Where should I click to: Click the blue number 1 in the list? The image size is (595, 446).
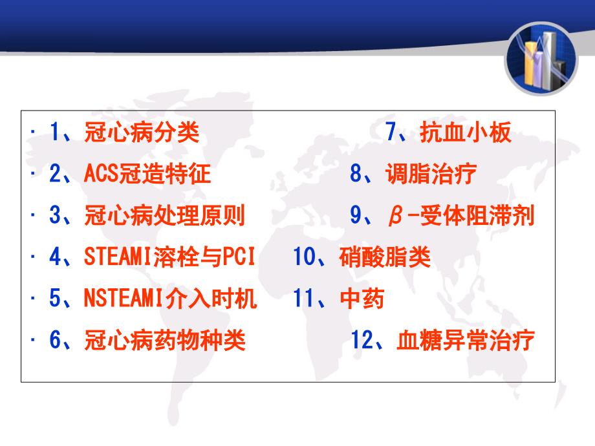(x=54, y=132)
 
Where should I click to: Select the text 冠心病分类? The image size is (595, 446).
(x=142, y=133)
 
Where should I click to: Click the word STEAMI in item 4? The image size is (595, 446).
(x=118, y=257)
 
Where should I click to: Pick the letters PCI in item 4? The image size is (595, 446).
(x=239, y=257)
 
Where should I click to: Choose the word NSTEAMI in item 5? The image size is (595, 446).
(x=123, y=298)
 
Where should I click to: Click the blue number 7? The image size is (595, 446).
(x=391, y=132)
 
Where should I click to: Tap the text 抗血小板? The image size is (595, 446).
(x=466, y=133)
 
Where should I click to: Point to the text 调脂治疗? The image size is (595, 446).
(x=431, y=174)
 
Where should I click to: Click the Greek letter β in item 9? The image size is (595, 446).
(x=395, y=216)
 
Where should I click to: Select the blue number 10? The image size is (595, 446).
(x=305, y=257)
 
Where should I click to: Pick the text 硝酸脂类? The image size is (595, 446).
(x=385, y=257)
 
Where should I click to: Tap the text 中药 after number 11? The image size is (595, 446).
(x=362, y=298)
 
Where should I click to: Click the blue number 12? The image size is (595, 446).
(x=363, y=339)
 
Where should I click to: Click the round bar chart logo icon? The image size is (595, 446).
(x=541, y=59)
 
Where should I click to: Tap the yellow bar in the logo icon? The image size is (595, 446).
(x=530, y=64)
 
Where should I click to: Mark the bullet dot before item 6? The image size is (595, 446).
(x=33, y=339)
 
